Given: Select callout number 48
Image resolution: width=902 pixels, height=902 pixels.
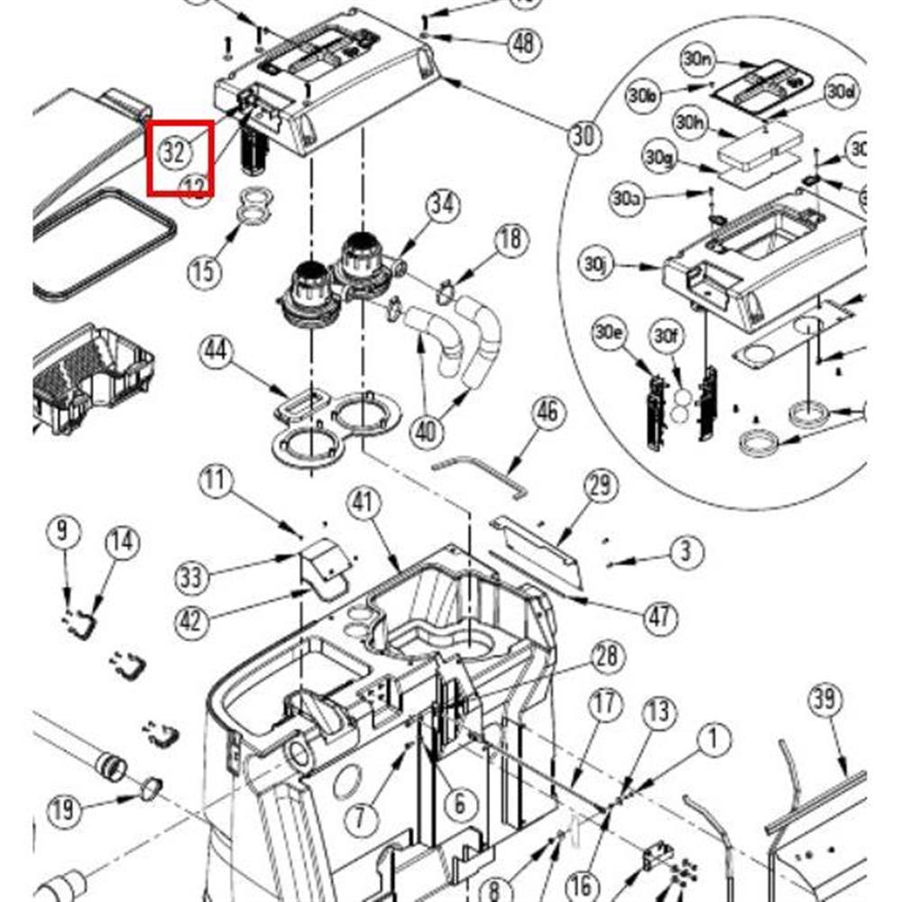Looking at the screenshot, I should [524, 43].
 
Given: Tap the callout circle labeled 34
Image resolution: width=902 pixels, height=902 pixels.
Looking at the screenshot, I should [443, 205].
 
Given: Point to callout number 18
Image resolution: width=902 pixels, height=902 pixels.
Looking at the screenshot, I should [511, 239].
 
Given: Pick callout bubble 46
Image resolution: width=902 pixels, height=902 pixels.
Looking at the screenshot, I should [548, 413].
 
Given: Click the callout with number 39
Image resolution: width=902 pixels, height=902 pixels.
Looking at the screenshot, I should [824, 699].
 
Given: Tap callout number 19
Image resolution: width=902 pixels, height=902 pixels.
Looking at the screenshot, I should [62, 810].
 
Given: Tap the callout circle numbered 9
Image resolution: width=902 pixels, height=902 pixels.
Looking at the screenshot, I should [61, 530].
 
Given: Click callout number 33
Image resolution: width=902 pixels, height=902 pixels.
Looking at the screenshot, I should [191, 576].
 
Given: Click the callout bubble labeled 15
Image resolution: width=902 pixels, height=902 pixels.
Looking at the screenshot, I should [205, 270].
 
